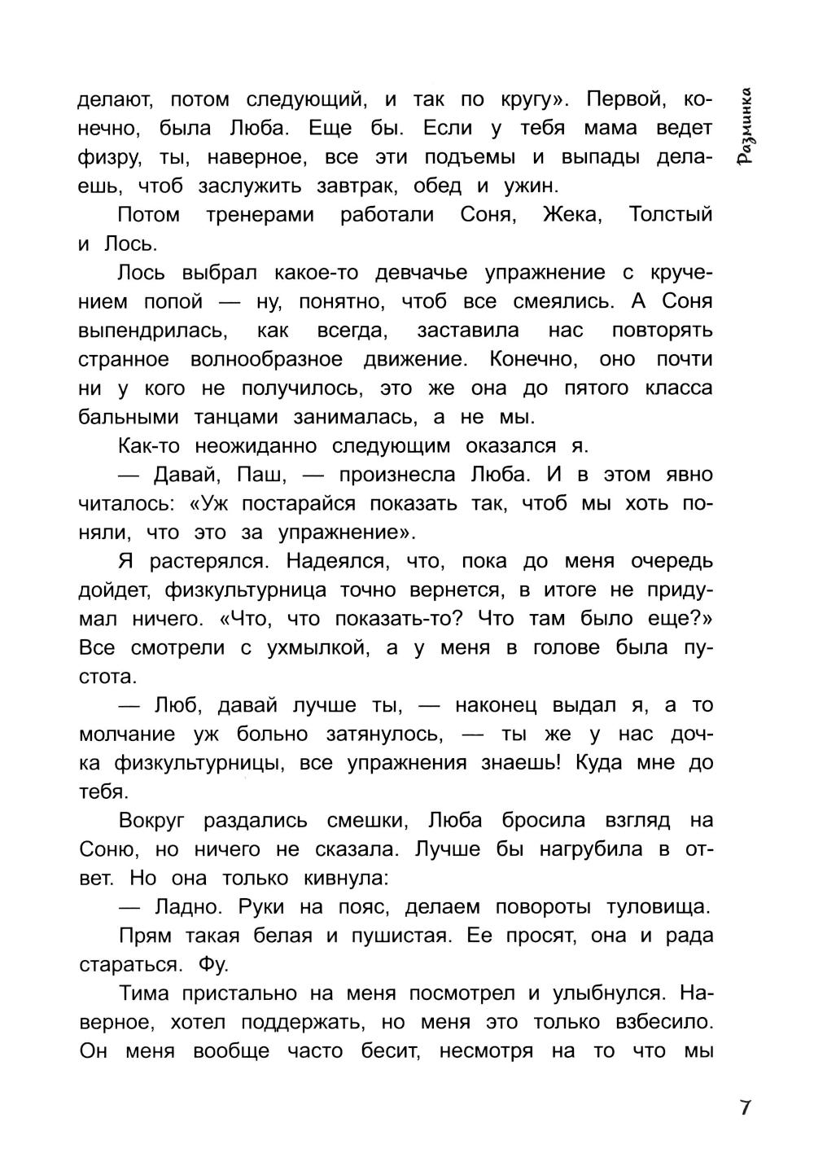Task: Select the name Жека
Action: point(570,215)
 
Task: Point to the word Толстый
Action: point(671,215)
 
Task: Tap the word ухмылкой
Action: point(306,647)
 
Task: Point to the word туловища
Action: point(659,907)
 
